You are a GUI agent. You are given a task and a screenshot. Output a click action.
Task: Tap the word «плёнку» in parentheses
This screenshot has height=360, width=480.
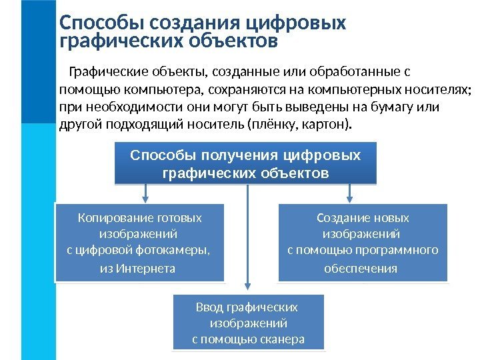pos(273,125)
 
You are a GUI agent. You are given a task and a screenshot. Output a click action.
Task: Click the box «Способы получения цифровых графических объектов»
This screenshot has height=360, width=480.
pos(245,163)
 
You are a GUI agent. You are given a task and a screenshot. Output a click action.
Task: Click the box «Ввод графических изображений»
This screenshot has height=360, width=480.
pos(248,323)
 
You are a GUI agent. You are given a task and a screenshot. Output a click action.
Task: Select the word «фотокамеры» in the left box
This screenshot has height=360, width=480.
pos(181,251)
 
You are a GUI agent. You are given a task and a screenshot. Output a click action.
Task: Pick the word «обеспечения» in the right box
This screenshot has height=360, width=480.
pos(360,269)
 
